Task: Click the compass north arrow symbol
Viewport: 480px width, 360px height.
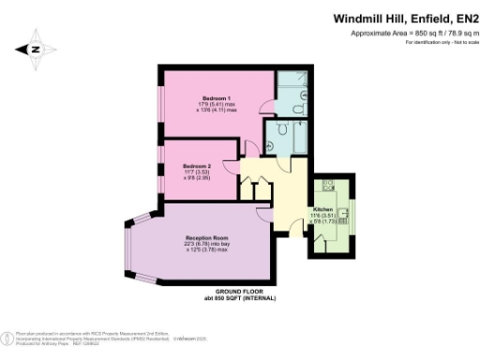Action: click(x=36, y=50)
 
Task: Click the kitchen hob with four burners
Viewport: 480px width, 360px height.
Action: click(x=328, y=186)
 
